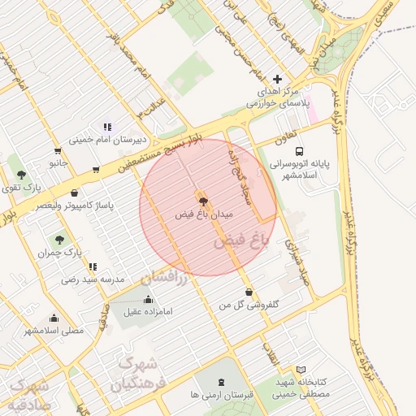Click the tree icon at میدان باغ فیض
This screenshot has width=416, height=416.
point(201,201)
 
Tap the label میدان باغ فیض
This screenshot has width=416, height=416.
point(204,216)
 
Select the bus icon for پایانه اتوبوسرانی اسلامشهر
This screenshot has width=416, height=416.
point(300,151)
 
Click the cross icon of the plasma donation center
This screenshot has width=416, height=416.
point(278,80)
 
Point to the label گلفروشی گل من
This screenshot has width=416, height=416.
point(249,305)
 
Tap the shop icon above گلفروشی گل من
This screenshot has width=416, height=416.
point(248,292)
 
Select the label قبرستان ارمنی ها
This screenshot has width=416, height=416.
point(223,394)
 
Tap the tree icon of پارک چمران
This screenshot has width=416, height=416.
point(58,240)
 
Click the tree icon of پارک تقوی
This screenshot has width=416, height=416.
point(21,175)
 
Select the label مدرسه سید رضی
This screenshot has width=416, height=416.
point(92,279)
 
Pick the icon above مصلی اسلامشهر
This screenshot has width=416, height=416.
point(53,318)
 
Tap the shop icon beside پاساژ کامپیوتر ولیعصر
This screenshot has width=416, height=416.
point(76,194)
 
